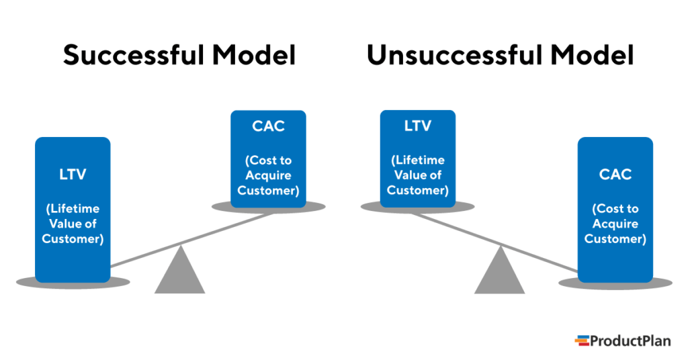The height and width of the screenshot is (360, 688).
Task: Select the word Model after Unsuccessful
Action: pos(593,56)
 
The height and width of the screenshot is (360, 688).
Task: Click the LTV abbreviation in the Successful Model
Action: pos(73,175)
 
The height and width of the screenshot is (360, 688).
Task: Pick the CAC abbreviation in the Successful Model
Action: pos(268,126)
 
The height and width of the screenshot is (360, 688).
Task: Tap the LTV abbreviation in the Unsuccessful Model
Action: pos(417,126)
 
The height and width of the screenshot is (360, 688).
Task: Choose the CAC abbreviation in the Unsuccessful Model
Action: pos(615,175)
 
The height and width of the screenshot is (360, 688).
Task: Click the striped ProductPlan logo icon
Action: pos(582,341)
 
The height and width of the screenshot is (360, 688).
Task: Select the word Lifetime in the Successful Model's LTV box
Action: pos(73,209)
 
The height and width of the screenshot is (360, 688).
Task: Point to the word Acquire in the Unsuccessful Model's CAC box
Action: pos(615,224)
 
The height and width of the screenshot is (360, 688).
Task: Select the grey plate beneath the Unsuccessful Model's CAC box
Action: pos(662,282)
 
